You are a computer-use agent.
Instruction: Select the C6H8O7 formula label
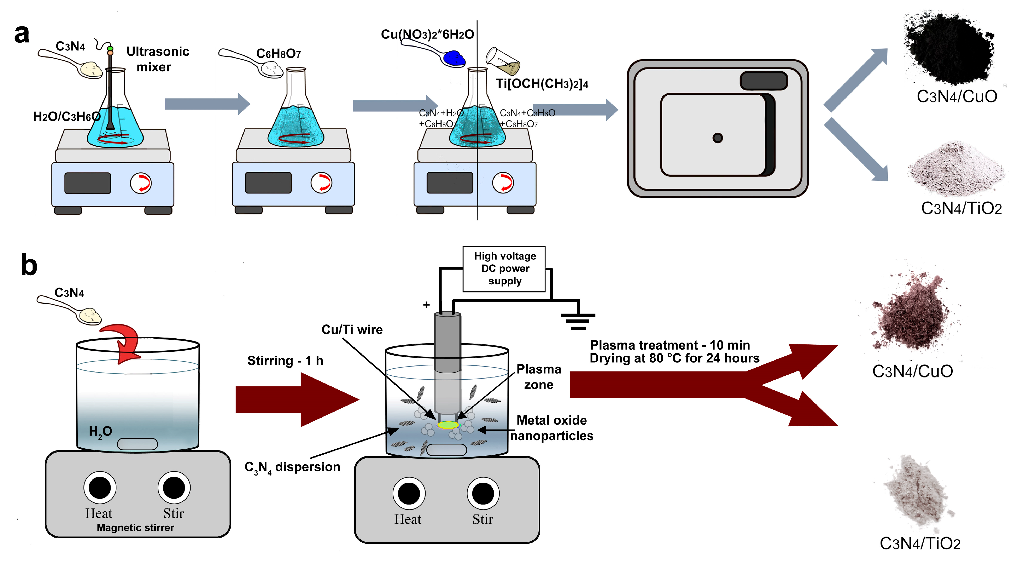click(x=279, y=54)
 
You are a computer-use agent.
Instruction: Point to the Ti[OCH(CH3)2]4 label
click(x=542, y=84)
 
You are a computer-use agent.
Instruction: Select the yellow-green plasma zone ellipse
click(x=448, y=425)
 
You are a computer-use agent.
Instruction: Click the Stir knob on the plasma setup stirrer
click(x=483, y=493)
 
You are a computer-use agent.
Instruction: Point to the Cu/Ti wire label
click(x=352, y=330)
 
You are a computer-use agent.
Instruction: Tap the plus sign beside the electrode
click(x=426, y=305)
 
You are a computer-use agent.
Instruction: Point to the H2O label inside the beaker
click(x=100, y=432)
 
